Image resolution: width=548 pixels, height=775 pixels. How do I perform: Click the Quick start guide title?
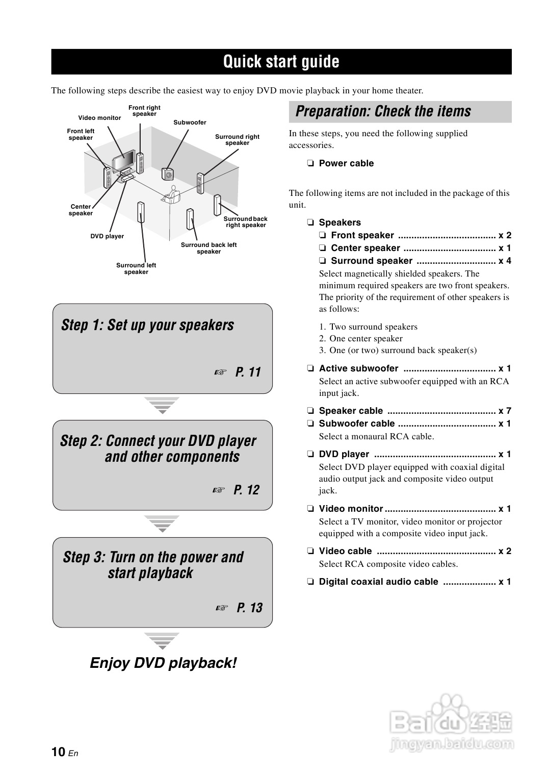point(281,62)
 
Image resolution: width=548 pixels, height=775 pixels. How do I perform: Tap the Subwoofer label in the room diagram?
point(190,122)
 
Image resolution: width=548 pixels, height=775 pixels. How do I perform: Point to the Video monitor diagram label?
point(99,118)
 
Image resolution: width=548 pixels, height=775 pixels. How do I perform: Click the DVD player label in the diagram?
point(107,236)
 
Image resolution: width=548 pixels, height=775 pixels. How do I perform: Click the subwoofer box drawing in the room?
point(167,174)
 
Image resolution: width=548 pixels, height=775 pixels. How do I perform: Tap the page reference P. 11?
point(248,372)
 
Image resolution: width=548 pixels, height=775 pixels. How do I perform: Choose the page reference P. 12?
point(246,490)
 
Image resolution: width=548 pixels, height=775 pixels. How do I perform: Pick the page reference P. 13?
point(249,608)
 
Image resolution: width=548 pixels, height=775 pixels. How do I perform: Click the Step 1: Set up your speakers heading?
point(147,325)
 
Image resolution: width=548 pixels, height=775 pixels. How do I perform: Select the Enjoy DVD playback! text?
point(163,663)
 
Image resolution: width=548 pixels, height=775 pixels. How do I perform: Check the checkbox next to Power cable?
point(310,164)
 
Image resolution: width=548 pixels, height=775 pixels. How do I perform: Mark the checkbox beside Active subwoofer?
point(310,368)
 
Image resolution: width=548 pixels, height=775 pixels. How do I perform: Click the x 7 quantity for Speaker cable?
point(505,411)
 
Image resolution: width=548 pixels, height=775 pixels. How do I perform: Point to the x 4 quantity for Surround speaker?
point(505,261)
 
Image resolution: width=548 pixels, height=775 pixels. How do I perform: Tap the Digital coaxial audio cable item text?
point(378,582)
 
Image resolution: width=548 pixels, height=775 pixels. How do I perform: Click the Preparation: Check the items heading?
point(383,111)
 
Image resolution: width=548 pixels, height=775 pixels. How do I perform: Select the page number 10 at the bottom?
point(58,752)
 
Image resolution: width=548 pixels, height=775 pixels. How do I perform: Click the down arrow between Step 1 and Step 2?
point(162,405)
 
